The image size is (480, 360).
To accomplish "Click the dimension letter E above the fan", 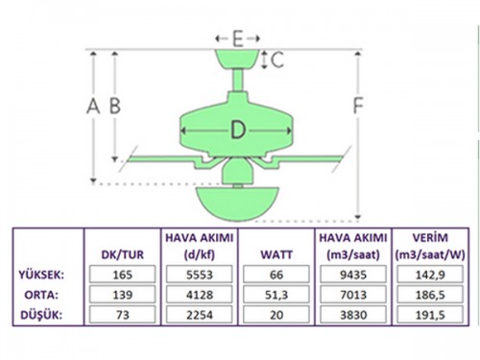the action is (237, 38).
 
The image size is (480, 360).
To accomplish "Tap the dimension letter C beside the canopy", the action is (277, 60).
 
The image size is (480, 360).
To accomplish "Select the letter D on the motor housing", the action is (238, 131).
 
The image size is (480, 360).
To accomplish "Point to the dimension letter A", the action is (93, 106).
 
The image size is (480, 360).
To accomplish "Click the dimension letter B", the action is (115, 106).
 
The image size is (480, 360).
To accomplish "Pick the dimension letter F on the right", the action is (358, 106).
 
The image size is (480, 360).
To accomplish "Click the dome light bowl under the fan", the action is (237, 204).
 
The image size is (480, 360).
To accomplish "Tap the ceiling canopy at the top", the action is (237, 60).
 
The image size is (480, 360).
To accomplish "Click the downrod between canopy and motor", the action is (237, 81).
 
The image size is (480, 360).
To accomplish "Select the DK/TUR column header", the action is (123, 254).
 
